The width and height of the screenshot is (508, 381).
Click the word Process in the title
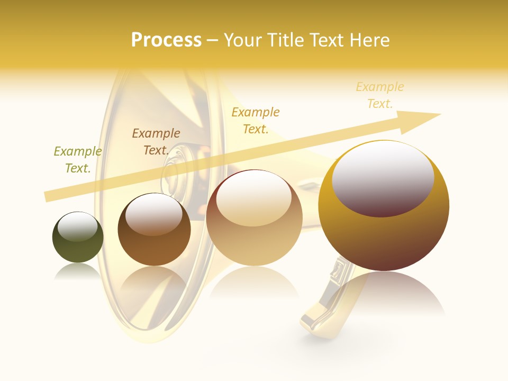[166, 40]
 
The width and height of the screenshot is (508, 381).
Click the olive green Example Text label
[77, 160]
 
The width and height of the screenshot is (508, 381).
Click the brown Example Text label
[156, 142]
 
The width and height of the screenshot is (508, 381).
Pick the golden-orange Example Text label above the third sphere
[256, 121]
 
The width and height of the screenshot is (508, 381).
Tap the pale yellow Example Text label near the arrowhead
[379, 95]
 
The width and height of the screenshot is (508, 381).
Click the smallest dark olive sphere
[78, 248]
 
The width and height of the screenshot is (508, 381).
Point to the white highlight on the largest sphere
[383, 177]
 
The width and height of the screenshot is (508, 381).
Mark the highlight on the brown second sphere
[154, 213]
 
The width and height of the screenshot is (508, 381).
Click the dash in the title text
[212, 41]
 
